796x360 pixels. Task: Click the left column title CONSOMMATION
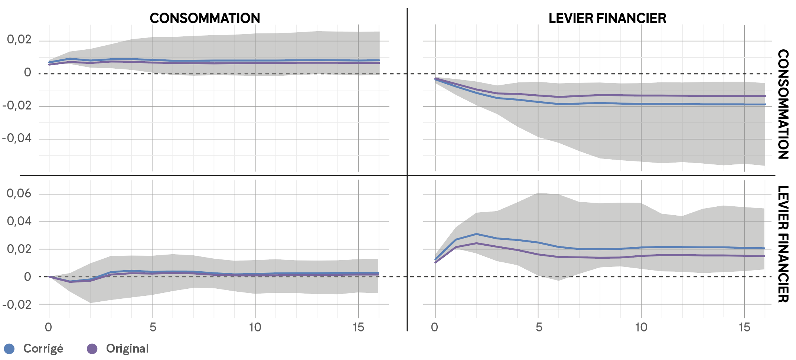click(x=205, y=18)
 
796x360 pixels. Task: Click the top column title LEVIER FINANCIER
click(x=607, y=18)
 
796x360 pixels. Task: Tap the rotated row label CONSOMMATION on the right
click(x=783, y=104)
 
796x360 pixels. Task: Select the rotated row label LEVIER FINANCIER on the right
click(x=783, y=244)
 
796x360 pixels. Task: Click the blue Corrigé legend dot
click(x=9, y=349)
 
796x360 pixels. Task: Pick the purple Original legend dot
click(x=92, y=349)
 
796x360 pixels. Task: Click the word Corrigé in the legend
click(x=43, y=349)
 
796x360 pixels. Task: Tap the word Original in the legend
click(x=127, y=349)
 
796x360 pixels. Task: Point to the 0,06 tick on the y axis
click(x=19, y=193)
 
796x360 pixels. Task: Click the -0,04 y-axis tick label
click(x=17, y=138)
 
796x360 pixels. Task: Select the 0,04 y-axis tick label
click(x=19, y=221)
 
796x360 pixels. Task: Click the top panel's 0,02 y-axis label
click(x=19, y=39)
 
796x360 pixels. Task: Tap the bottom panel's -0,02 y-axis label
click(x=17, y=305)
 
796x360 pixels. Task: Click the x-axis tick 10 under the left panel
click(x=255, y=327)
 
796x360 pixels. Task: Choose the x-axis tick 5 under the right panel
click(x=539, y=327)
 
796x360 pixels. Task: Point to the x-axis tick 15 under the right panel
click(x=744, y=327)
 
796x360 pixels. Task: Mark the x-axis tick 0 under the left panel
click(x=49, y=327)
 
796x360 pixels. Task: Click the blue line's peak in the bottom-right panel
click(x=476, y=234)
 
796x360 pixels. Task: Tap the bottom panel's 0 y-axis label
click(x=27, y=277)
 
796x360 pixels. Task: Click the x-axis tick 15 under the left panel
click(x=358, y=327)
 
